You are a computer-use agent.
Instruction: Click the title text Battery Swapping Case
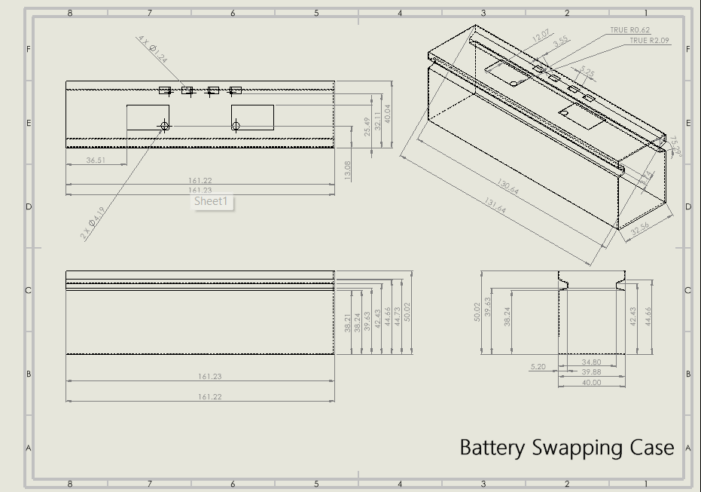click(x=566, y=448)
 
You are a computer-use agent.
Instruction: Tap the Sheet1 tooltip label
click(x=213, y=201)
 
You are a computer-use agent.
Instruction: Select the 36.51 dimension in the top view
click(x=96, y=160)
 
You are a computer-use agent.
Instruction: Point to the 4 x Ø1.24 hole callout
click(x=153, y=49)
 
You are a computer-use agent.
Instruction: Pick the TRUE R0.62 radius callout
click(x=629, y=30)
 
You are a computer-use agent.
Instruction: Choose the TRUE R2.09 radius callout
click(x=649, y=41)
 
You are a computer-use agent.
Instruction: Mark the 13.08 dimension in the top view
click(x=347, y=170)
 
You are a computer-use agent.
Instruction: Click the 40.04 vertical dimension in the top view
click(x=388, y=114)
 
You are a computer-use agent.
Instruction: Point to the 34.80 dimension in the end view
click(x=591, y=362)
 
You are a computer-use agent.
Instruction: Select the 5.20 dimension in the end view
click(x=538, y=367)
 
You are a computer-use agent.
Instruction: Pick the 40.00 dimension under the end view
click(x=591, y=383)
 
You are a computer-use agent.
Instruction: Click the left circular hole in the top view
click(x=164, y=126)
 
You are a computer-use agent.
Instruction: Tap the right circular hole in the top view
click(x=236, y=126)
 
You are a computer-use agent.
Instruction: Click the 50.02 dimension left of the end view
click(x=477, y=311)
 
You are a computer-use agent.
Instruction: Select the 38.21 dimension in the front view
click(x=348, y=322)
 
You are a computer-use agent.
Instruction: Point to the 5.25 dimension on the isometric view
click(x=588, y=74)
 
